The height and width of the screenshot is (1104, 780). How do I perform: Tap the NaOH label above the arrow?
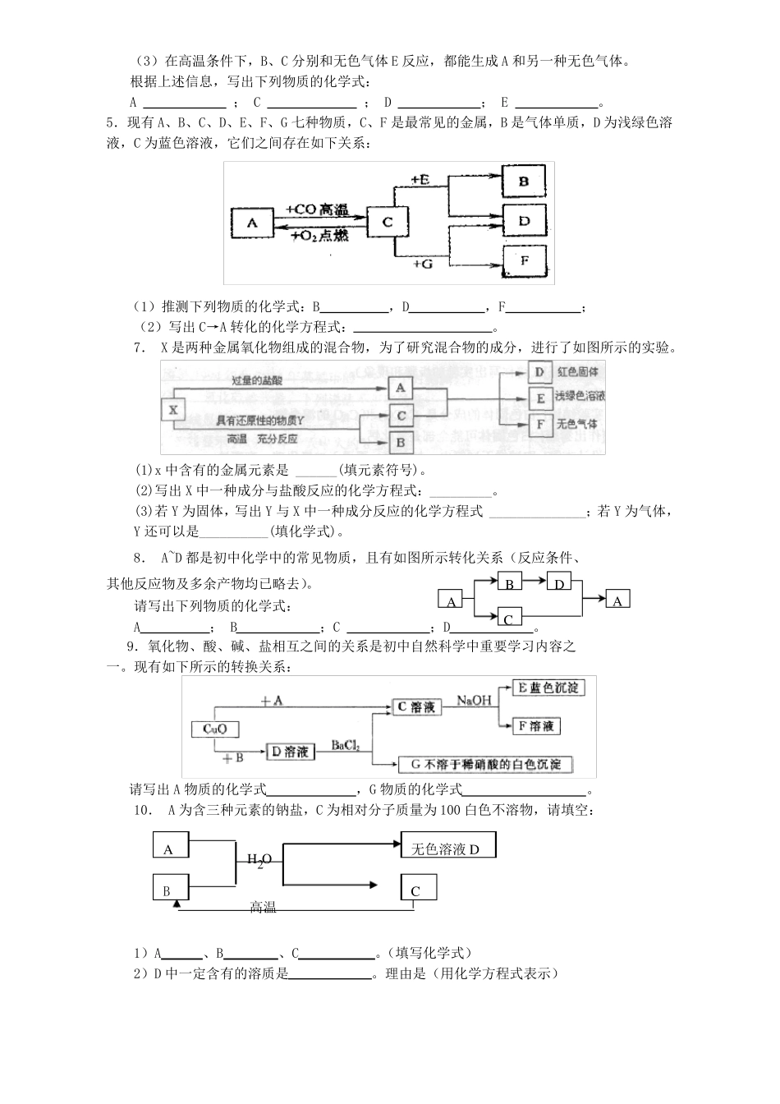tap(474, 701)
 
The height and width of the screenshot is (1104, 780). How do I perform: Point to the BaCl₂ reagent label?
tap(346, 745)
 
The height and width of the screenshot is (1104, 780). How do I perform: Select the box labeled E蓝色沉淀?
tap(548, 688)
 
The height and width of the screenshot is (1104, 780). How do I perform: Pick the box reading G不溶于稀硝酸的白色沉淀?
tap(485, 764)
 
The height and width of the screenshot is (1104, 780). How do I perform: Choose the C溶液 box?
tap(415, 707)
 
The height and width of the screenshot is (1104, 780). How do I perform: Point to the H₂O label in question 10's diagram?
tap(259, 859)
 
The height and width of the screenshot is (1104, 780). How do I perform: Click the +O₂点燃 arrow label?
tap(320, 235)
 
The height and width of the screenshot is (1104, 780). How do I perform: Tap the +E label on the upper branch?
tap(420, 178)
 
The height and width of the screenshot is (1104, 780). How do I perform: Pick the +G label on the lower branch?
tap(422, 264)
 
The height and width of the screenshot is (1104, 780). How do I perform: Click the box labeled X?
tap(172, 409)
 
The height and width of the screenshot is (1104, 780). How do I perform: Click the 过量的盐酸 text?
tap(256, 379)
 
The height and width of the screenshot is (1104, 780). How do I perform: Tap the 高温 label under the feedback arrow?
tap(263, 907)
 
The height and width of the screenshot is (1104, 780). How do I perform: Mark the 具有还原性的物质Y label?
tap(259, 420)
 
